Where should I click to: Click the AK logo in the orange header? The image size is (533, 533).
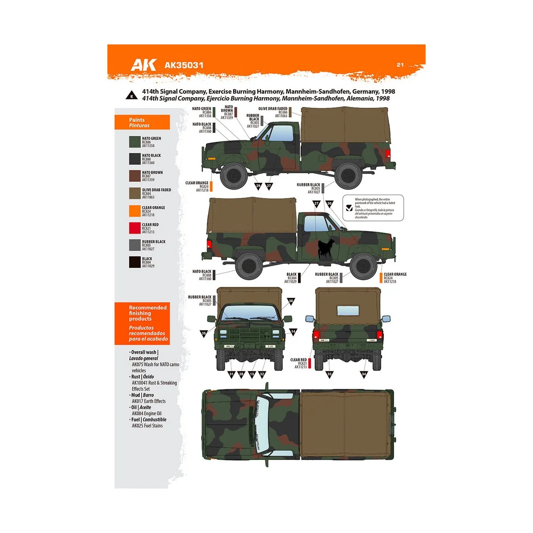click(143, 65)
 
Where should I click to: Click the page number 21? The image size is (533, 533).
click(400, 65)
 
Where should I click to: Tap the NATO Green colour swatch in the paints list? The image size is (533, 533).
click(135, 142)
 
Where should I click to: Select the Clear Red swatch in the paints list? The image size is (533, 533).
click(135, 228)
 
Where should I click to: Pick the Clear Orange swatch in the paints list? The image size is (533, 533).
click(135, 211)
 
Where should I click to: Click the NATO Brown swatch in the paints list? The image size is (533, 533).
click(135, 176)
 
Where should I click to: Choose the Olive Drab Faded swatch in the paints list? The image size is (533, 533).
click(135, 193)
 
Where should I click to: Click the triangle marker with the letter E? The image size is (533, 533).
click(132, 95)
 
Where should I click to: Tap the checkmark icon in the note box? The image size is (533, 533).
click(349, 207)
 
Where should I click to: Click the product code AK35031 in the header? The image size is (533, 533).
click(184, 65)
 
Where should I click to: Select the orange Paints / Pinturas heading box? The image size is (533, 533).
click(142, 122)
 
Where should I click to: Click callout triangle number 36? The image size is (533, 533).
click(291, 301)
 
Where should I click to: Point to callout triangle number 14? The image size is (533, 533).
click(293, 332)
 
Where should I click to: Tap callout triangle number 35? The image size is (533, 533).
click(204, 334)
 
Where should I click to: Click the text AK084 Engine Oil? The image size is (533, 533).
click(147, 414)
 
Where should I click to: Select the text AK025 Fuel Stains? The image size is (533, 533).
click(147, 426)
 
